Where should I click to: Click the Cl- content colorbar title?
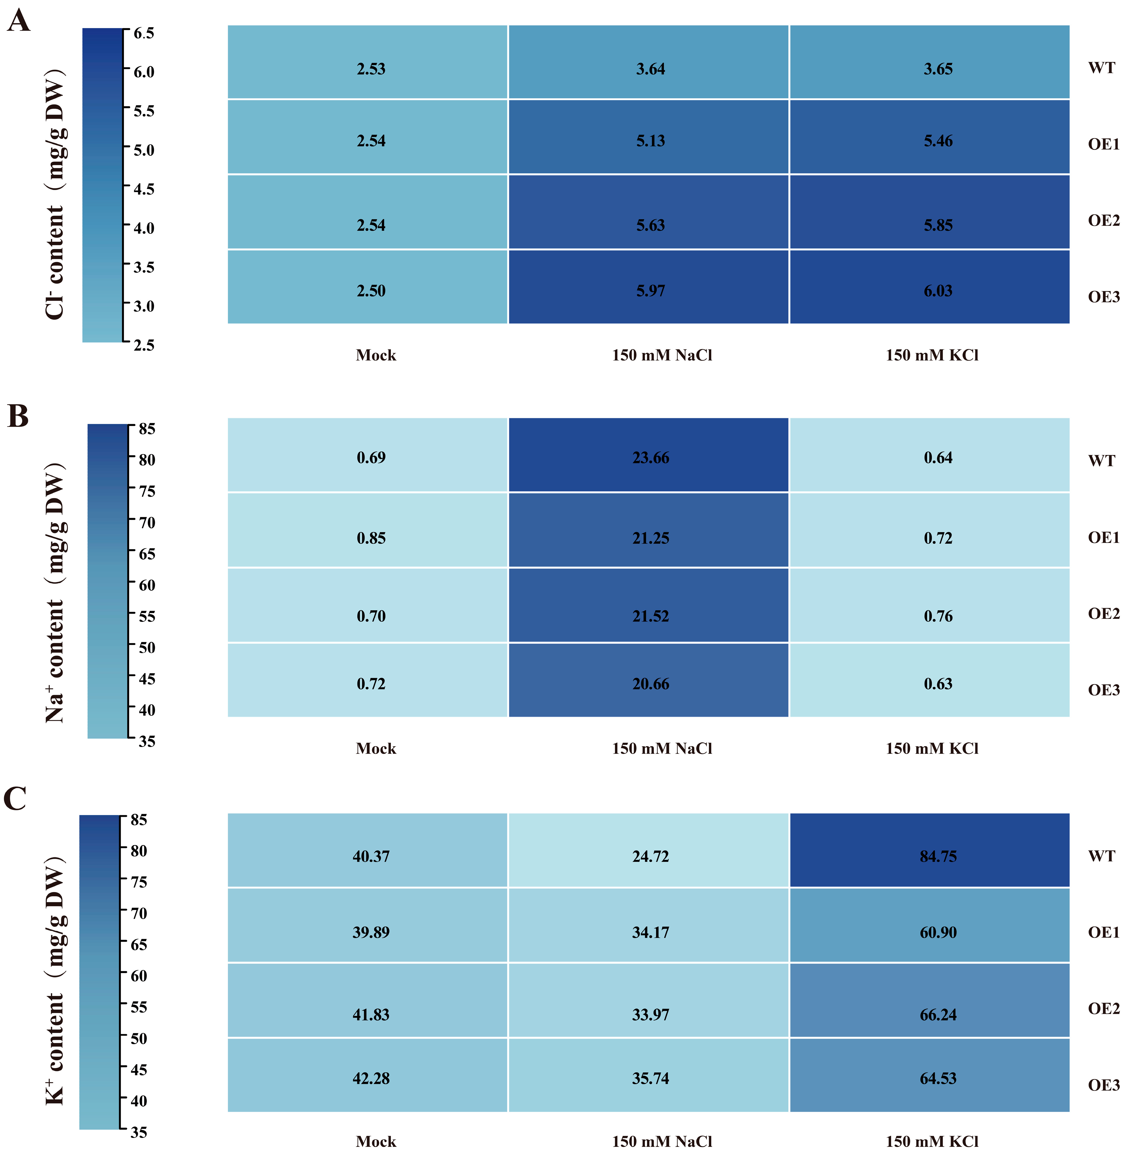55,195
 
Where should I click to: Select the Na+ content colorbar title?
55,591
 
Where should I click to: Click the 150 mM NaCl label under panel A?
662,355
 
